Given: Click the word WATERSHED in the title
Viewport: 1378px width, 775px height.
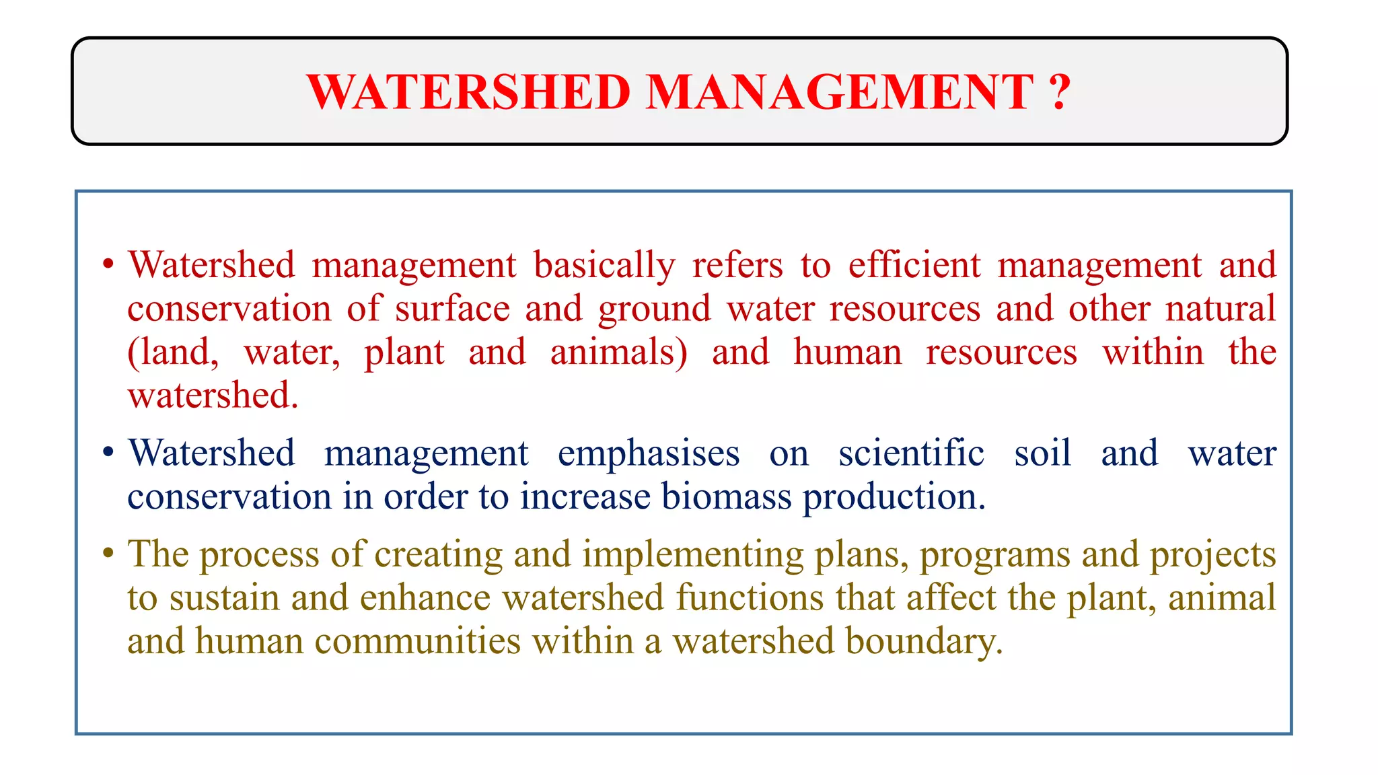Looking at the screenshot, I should tap(468, 92).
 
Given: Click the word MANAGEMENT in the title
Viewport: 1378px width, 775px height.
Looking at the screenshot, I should tap(840, 92).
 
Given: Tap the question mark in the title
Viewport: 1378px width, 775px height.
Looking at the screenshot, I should tap(1059, 92).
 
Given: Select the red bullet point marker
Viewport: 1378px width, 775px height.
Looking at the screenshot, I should tap(108, 264).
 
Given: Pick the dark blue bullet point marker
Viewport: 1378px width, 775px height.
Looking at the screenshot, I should tap(108, 453).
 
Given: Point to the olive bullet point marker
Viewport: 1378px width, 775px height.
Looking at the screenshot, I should tap(108, 554).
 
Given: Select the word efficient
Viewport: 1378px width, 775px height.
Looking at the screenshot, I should tap(914, 264).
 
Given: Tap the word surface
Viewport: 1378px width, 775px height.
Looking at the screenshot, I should tap(452, 309).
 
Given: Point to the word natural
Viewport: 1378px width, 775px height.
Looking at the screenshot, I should tap(1221, 309).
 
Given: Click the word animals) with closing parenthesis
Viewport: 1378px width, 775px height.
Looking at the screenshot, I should tap(619, 353).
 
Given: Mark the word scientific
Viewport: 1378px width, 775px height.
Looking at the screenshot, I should tap(911, 453).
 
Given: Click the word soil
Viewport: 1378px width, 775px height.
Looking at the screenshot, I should tap(1042, 453).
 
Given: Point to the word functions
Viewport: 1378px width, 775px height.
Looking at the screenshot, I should tap(750, 597).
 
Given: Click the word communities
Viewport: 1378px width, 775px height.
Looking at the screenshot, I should tap(417, 640).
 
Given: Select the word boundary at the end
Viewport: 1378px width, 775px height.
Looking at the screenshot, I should tap(923, 642).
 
